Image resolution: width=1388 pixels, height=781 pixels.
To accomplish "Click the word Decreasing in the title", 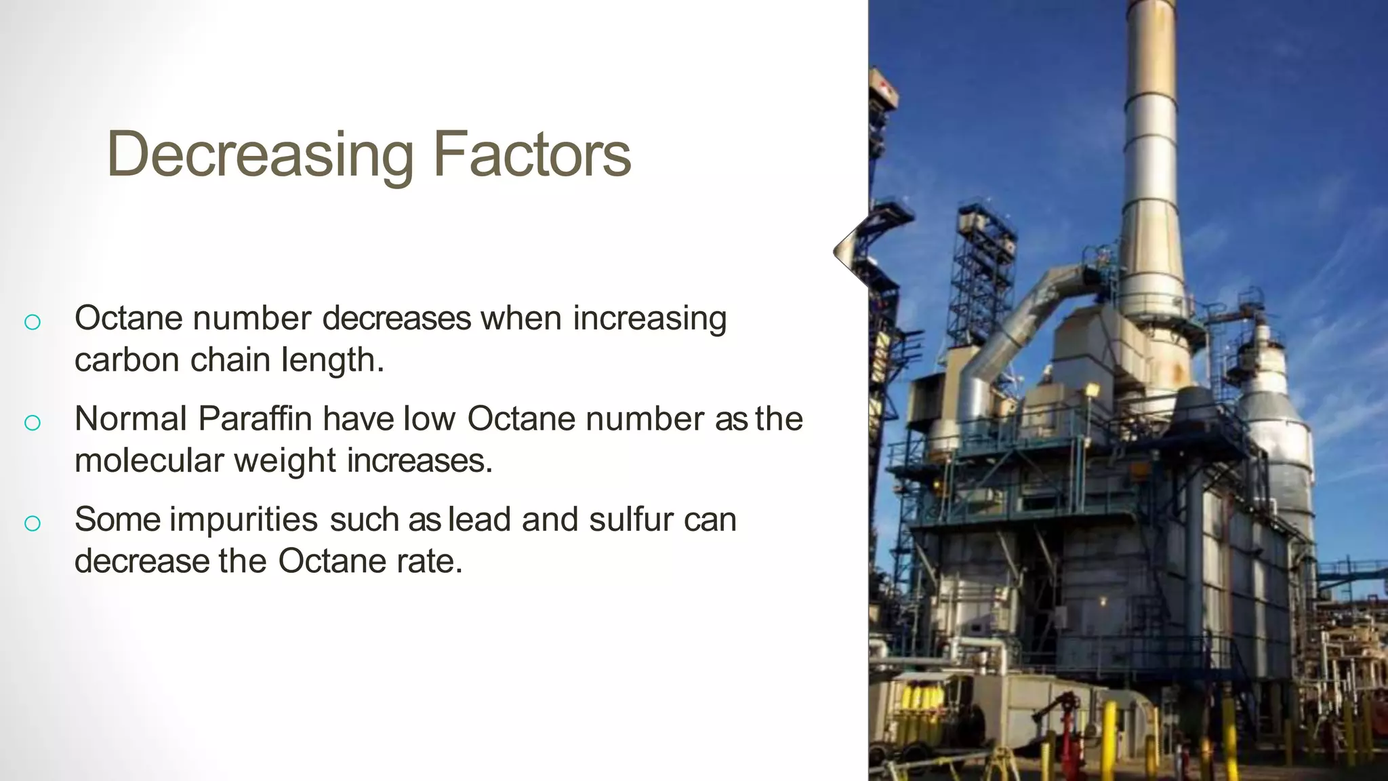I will (x=260, y=155).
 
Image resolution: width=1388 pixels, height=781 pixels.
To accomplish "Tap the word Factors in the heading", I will (x=531, y=155).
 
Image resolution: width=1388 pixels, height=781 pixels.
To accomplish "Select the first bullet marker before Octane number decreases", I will (x=32, y=322).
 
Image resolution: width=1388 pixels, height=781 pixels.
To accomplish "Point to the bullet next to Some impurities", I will (x=32, y=523).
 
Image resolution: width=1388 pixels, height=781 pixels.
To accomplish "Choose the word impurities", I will (x=243, y=520).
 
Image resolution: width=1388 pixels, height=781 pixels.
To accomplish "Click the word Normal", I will (x=130, y=418).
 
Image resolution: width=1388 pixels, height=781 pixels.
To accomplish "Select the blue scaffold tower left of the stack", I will (x=983, y=271).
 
